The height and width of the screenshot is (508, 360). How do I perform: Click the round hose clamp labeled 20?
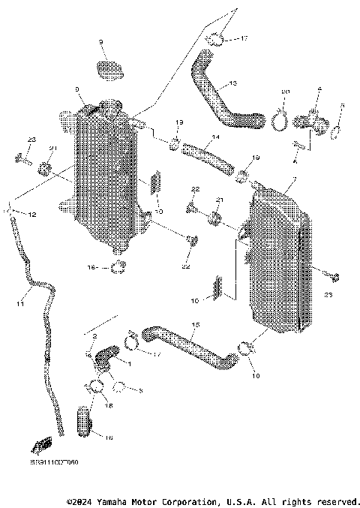point(283,116)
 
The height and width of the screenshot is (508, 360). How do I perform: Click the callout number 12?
point(32,215)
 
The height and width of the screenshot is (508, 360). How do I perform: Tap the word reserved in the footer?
point(336,500)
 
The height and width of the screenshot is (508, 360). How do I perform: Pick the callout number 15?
point(194,326)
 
